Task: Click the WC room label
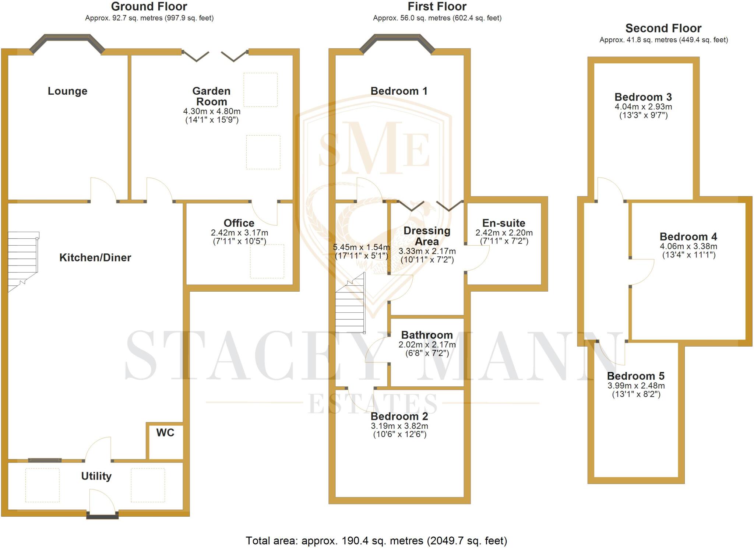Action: (x=165, y=433)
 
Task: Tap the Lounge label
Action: (x=67, y=91)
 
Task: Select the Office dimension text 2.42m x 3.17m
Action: (x=239, y=233)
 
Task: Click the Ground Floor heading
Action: (x=149, y=7)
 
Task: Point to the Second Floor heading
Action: (x=663, y=28)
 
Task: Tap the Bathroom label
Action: (x=427, y=335)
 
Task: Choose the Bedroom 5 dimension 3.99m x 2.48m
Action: (x=636, y=386)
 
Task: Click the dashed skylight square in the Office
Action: (x=267, y=261)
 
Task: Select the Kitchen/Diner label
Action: (x=95, y=257)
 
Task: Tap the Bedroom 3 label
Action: (x=643, y=97)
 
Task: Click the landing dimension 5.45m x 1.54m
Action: (x=361, y=247)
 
